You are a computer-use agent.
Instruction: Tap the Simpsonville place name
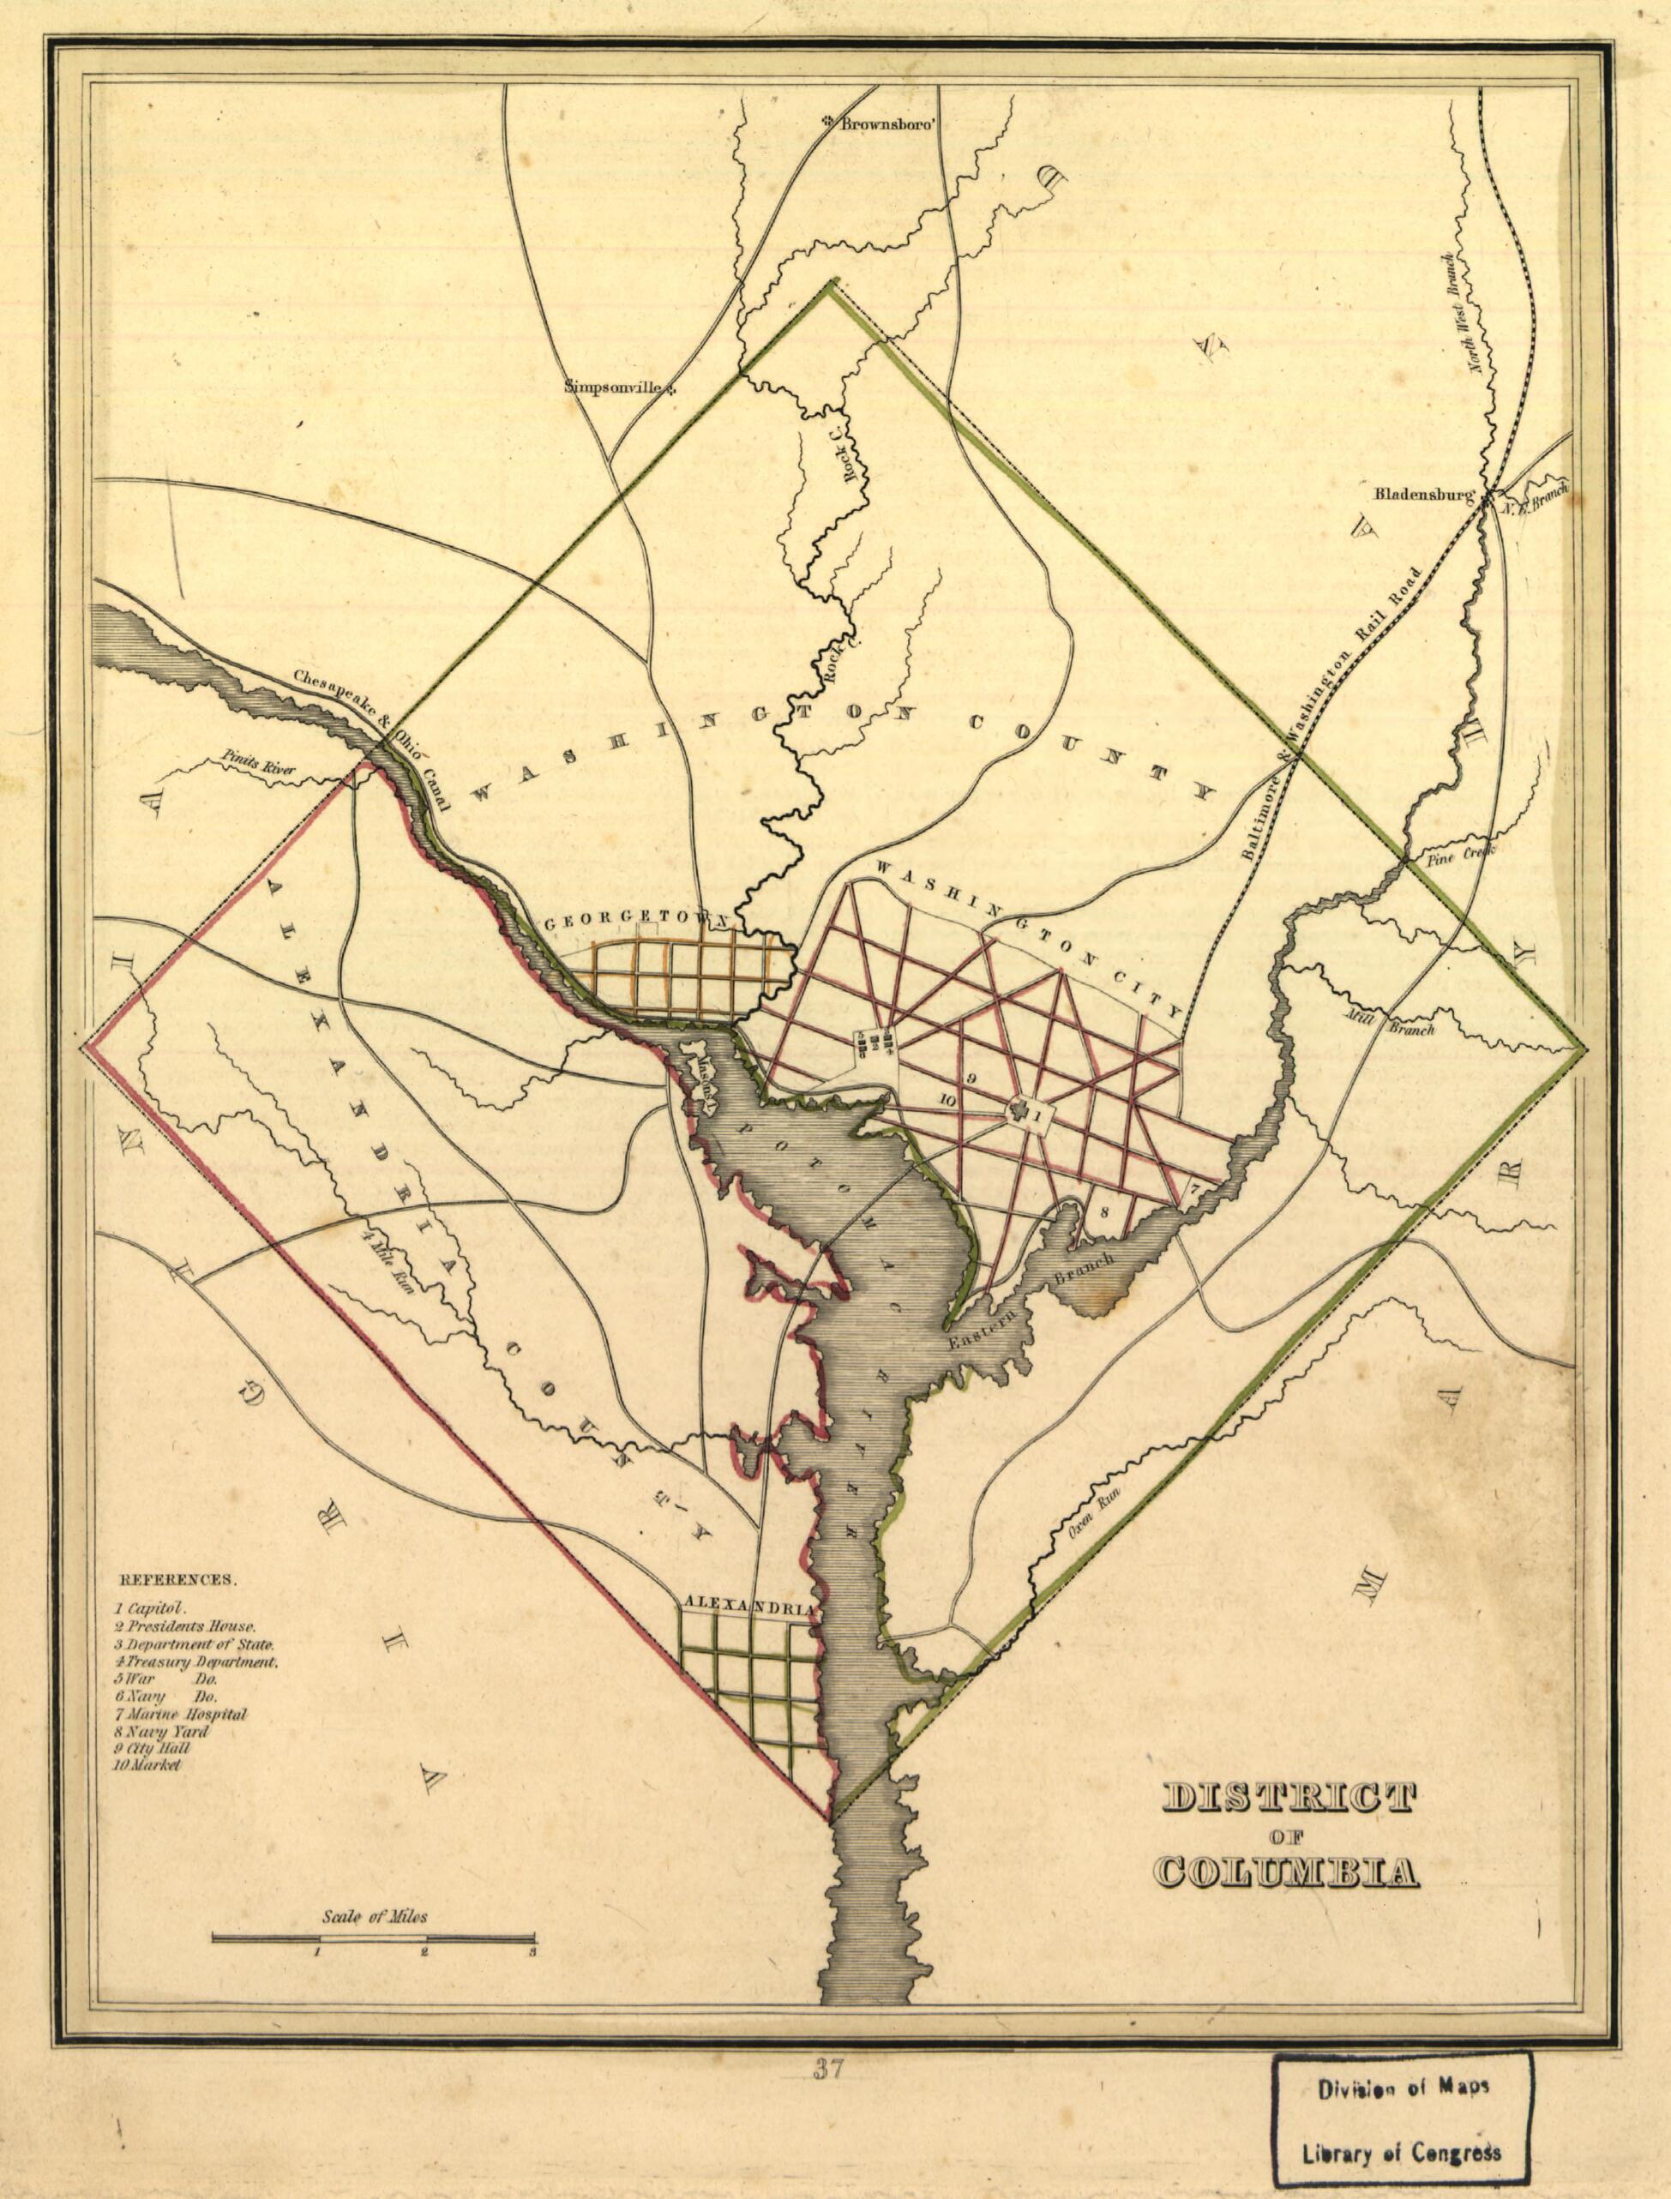point(613,388)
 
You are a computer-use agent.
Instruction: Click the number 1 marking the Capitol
point(1035,1117)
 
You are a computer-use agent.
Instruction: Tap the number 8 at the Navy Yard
point(1105,1211)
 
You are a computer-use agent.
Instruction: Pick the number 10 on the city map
point(947,1101)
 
